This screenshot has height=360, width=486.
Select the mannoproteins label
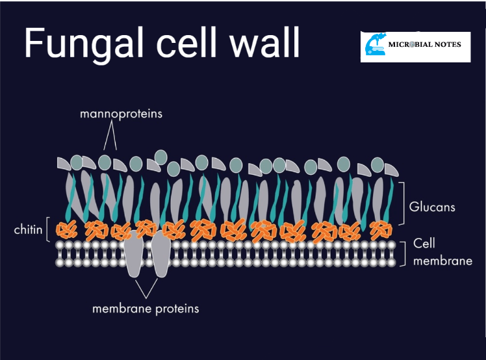(121, 114)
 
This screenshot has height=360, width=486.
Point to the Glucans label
(432, 208)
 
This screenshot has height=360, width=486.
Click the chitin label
(28, 229)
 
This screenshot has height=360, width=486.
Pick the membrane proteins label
(146, 308)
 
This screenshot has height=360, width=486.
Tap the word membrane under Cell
(442, 261)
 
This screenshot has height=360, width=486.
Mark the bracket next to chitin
(49, 230)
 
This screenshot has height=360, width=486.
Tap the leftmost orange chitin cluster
(66, 229)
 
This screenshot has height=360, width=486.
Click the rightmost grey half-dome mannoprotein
(391, 170)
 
